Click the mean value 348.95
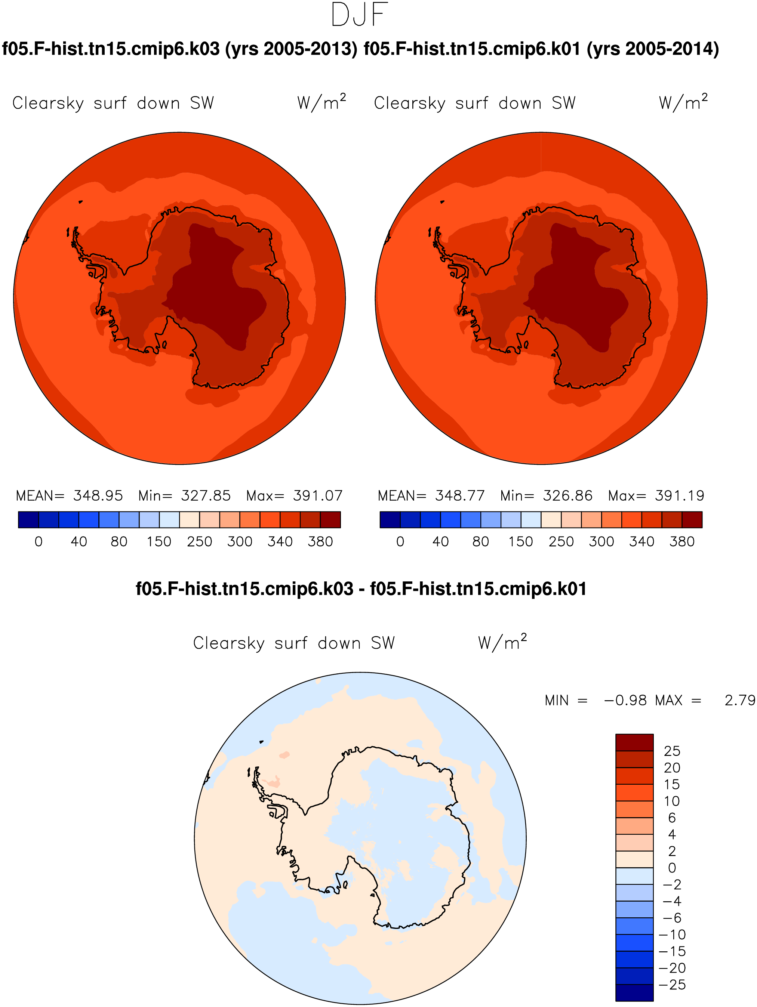[x=98, y=495]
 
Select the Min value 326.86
[x=567, y=495]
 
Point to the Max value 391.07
[x=317, y=495]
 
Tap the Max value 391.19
[x=680, y=495]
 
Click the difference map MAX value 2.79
[x=740, y=700]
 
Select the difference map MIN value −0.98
[x=625, y=700]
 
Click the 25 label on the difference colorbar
[x=672, y=751]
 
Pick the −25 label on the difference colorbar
[x=672, y=985]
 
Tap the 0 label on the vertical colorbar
[x=672, y=868]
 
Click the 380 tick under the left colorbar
[x=320, y=541]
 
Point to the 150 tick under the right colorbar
[x=521, y=541]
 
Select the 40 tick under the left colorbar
[x=79, y=541]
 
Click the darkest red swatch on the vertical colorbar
[x=634, y=742]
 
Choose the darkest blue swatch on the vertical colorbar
[x=634, y=992]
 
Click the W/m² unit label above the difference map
[x=502, y=642]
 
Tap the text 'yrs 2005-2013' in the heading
[x=292, y=49]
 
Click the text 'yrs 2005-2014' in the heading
[x=653, y=49]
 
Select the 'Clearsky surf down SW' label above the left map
[x=113, y=104]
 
